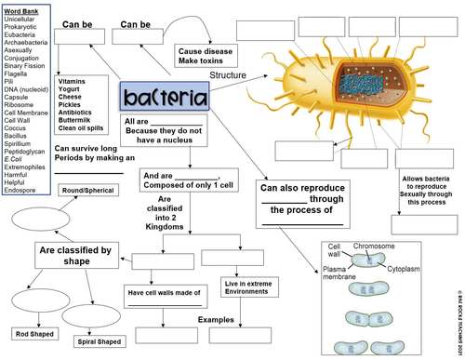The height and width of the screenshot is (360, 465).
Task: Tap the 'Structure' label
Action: pyautogui.click(x=228, y=74)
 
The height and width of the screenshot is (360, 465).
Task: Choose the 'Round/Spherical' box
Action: pyautogui.click(x=89, y=190)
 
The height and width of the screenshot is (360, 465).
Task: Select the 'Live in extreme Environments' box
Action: pyautogui.click(x=246, y=287)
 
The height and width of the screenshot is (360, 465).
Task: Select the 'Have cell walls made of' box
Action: pyautogui.click(x=163, y=292)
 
